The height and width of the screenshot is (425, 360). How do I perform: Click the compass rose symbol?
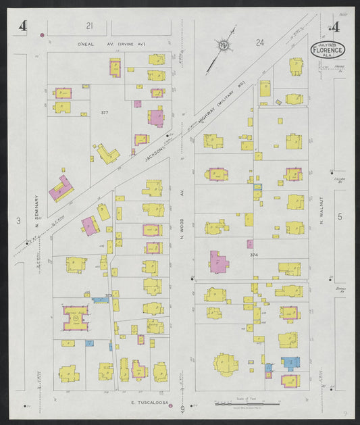tap(222, 45)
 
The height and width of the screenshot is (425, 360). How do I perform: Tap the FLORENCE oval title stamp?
tap(328, 49)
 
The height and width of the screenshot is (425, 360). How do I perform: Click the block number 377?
tap(104, 111)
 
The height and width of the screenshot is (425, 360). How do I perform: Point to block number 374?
tap(254, 255)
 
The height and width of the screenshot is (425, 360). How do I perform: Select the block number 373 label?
tap(108, 295)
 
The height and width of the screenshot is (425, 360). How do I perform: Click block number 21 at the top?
tap(88, 26)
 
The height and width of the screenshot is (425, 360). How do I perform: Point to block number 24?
tap(259, 42)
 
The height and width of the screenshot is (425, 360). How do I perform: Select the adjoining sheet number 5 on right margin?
tap(340, 216)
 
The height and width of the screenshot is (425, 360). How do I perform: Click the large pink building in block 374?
tap(218, 262)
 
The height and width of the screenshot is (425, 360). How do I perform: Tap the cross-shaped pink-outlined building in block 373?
tap(76, 318)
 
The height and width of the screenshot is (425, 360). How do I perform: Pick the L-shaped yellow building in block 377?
tap(107, 153)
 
